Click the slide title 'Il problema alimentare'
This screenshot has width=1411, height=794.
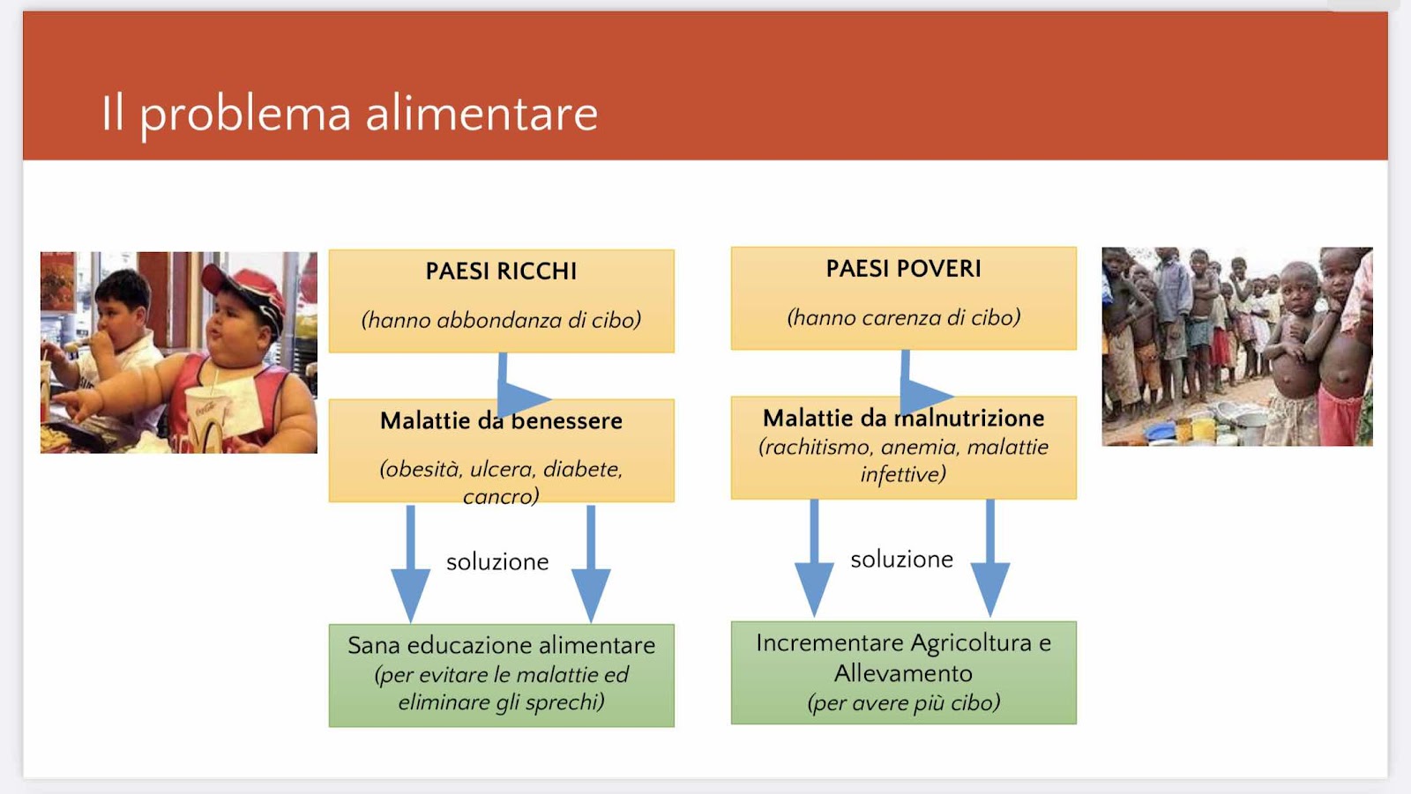(x=349, y=115)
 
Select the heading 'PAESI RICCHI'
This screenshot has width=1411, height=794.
(x=502, y=271)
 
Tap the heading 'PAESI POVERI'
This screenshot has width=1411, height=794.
(x=903, y=269)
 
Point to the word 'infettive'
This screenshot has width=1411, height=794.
(x=903, y=474)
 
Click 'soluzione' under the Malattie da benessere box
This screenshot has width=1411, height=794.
(x=497, y=561)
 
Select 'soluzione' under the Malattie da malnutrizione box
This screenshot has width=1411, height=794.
(x=902, y=559)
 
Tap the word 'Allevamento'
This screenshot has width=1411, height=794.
(x=903, y=673)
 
